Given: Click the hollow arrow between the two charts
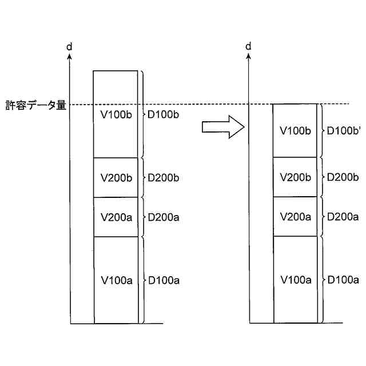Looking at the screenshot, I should [x=222, y=127].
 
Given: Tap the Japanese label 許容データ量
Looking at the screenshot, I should [x=35, y=105].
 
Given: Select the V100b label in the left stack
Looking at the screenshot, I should [x=116, y=115].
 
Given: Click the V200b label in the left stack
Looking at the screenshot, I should [x=117, y=178].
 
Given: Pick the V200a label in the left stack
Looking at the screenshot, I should [x=117, y=217].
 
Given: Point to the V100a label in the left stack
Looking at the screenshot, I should [x=117, y=280].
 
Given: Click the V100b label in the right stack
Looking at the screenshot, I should [x=295, y=131].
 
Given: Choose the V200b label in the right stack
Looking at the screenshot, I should [x=295, y=177].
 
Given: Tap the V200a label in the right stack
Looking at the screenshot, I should [x=295, y=217].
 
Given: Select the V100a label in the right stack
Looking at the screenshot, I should [x=296, y=280].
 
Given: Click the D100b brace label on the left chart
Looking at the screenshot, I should [x=164, y=116].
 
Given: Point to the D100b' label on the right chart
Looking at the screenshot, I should [x=344, y=131].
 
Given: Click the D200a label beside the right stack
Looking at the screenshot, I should [x=343, y=217].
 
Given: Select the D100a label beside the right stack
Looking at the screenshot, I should [x=343, y=280].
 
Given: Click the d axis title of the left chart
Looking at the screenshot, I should [x=69, y=46].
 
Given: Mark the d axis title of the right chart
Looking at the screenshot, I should [x=248, y=46].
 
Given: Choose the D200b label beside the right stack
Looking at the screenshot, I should [x=343, y=177].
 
